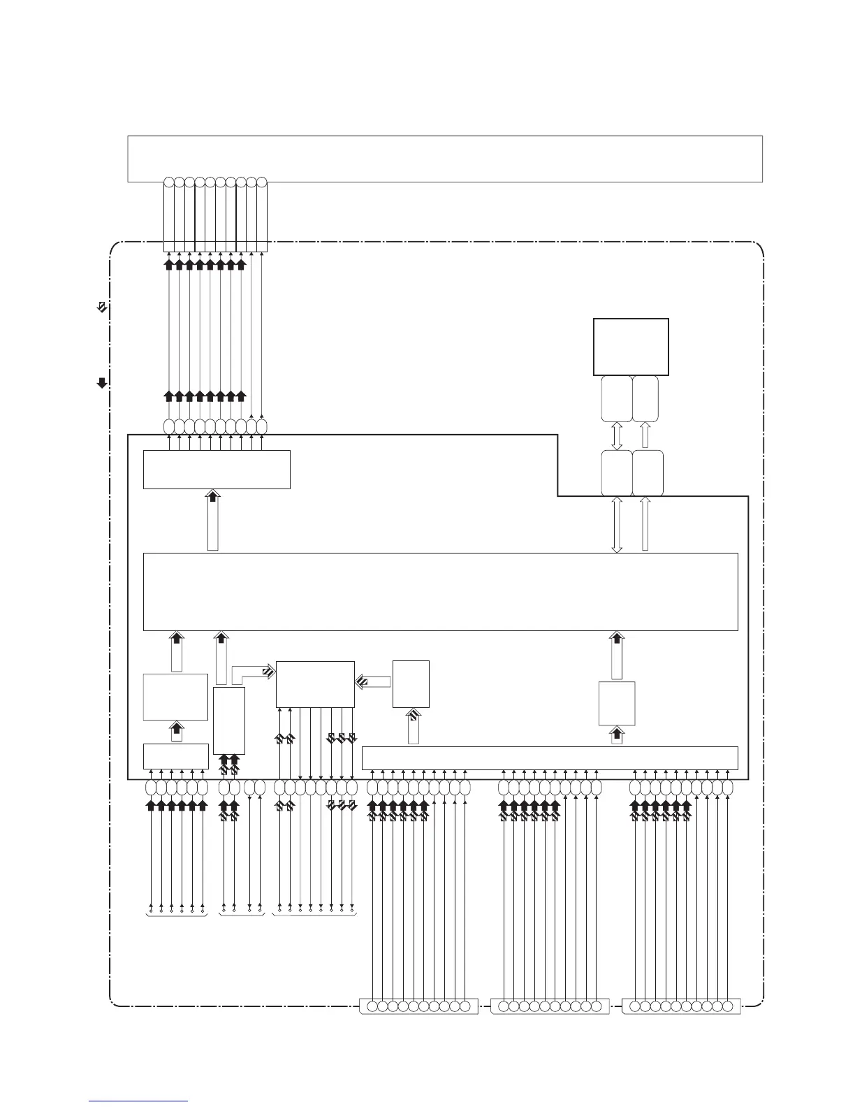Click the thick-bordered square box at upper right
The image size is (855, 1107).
point(631,347)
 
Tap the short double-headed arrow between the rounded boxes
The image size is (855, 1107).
point(617,436)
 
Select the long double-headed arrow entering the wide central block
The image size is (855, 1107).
point(617,524)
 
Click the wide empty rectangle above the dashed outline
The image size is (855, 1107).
point(444,159)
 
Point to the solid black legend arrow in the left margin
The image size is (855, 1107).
point(102,382)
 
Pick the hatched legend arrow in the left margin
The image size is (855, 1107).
point(102,306)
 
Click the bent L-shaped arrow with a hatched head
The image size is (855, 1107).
point(251,672)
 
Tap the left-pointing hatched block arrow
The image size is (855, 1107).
point(373,681)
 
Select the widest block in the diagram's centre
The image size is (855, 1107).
point(440,591)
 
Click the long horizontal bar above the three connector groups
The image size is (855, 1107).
point(550,758)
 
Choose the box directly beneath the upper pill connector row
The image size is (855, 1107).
point(217,469)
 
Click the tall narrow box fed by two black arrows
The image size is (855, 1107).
point(229,721)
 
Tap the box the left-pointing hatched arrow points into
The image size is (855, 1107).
point(315,684)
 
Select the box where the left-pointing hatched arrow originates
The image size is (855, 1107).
point(411,684)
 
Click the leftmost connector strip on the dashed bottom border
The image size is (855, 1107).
point(418,1007)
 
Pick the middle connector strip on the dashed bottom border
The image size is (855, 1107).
point(550,1007)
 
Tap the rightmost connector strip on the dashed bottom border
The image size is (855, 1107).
point(680,1007)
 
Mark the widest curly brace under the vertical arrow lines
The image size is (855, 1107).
point(314,914)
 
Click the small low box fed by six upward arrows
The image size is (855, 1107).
point(175,756)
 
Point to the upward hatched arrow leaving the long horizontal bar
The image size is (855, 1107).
point(414,727)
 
